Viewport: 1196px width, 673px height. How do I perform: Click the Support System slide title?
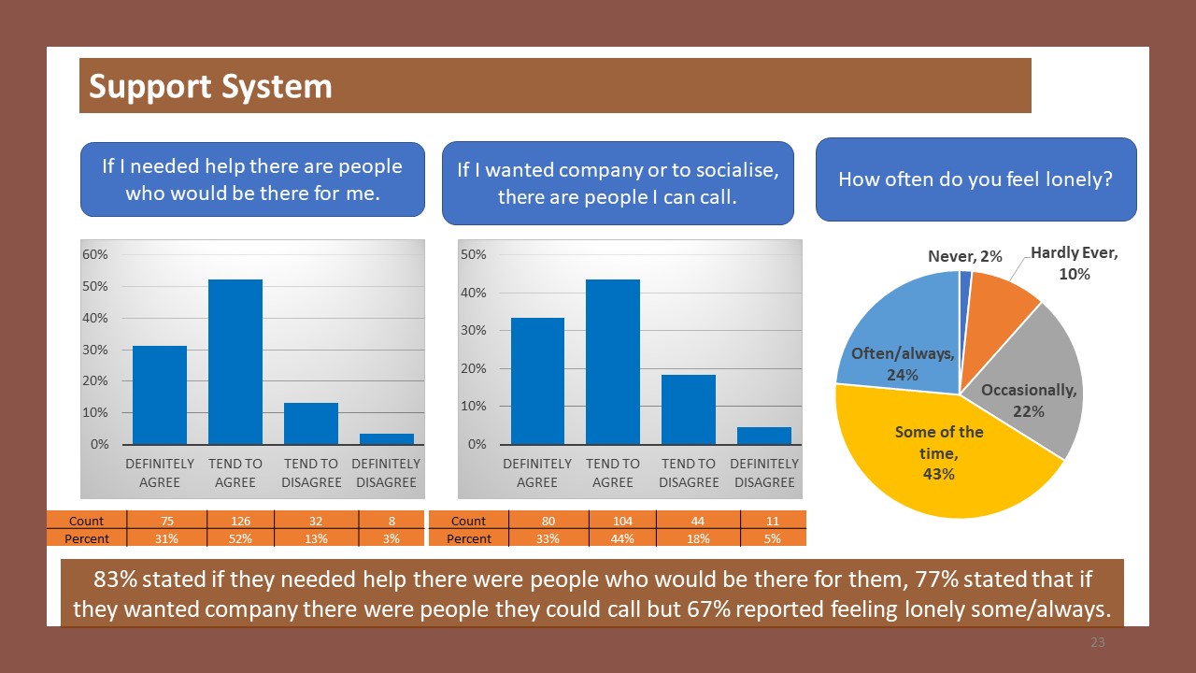210,86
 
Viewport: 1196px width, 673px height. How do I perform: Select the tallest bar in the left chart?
235,362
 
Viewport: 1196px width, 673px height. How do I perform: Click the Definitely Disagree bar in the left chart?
386,438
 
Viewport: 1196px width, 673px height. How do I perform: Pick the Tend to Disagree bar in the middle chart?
689,409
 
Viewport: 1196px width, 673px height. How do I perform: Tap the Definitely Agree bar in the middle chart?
537,380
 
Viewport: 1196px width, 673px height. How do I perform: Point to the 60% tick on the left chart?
96,254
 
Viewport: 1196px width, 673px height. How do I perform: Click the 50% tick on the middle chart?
474,255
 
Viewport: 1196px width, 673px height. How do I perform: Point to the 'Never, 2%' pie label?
964,256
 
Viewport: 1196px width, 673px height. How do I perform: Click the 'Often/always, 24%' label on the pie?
903,364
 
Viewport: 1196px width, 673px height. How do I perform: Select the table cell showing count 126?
235,521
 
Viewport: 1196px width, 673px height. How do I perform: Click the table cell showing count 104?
622,521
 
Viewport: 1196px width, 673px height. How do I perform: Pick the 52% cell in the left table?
235,538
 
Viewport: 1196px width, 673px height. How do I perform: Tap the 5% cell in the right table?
773,538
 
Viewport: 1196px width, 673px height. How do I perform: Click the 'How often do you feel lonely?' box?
975,179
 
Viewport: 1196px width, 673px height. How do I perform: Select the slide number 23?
1098,642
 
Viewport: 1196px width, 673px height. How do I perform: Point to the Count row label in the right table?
468,521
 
